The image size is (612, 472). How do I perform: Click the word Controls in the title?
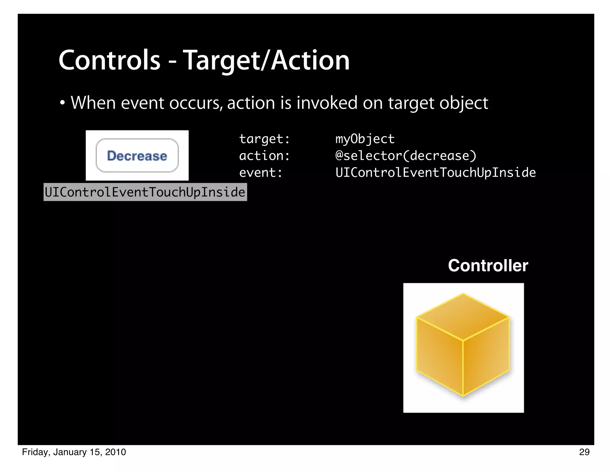tap(109, 61)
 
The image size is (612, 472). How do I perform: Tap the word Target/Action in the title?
tap(266, 61)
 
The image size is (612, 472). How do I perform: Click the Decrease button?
tap(137, 156)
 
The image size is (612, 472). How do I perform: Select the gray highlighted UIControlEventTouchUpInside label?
tap(145, 192)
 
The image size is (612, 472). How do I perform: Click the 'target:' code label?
tap(264, 139)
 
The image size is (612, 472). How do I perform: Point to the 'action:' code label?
tap(264, 156)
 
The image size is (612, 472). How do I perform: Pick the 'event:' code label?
tap(261, 172)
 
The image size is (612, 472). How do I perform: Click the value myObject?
tap(365, 139)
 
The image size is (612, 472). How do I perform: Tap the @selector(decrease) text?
tap(406, 156)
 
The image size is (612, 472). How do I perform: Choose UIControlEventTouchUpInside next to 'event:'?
tap(435, 172)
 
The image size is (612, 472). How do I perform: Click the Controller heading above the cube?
tap(488, 266)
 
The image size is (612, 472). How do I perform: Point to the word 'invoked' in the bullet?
tap(327, 103)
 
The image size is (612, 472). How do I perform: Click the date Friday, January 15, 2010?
tap(74, 452)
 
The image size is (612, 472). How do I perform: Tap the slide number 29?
tap(584, 452)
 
